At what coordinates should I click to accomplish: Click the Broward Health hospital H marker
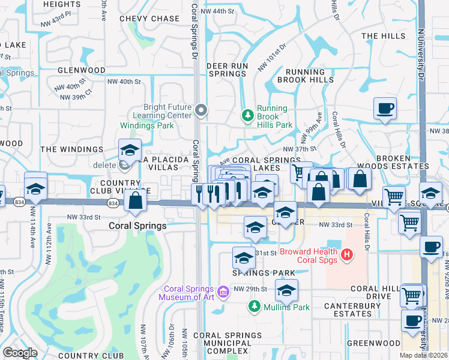[x=346, y=255]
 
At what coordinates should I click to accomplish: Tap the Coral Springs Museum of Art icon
[x=223, y=292]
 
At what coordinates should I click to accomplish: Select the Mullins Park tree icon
[x=255, y=307]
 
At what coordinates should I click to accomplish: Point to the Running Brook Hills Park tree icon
[x=247, y=114]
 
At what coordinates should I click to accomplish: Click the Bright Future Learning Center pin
[x=201, y=110]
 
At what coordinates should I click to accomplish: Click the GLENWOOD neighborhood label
[x=81, y=70]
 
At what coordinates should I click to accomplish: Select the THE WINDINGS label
[x=71, y=149]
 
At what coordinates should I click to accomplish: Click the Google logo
[x=20, y=353]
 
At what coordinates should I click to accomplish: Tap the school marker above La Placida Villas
[x=130, y=151]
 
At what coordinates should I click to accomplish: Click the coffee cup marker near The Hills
[x=385, y=109]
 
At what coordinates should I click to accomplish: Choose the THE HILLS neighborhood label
[x=384, y=36]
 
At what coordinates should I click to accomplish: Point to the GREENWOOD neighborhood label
[x=376, y=343]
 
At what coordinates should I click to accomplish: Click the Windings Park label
[x=147, y=125]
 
